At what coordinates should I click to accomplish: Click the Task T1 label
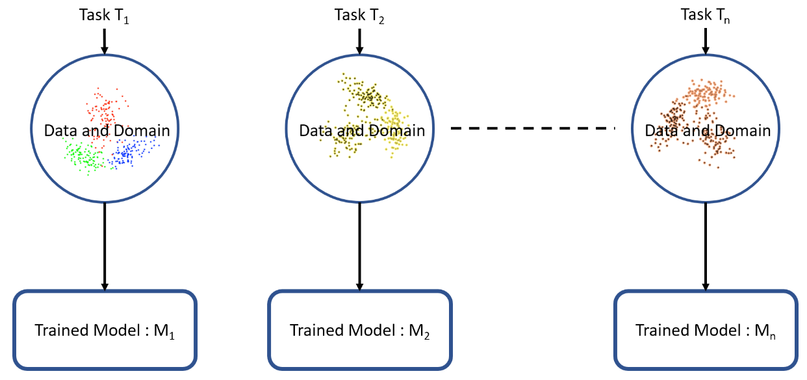[104, 16]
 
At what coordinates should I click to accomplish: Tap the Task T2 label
[359, 16]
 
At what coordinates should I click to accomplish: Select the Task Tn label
[705, 16]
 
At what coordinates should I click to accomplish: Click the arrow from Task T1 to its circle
[105, 42]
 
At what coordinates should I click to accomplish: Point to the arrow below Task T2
[359, 42]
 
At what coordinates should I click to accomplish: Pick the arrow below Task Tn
[706, 42]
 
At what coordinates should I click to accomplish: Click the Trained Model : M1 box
[105, 330]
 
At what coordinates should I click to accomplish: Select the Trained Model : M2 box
[360, 330]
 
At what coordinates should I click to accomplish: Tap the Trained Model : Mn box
[706, 330]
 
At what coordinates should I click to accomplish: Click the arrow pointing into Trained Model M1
[105, 247]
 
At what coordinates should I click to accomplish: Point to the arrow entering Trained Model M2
[359, 247]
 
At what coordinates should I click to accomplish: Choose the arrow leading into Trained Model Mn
[706, 247]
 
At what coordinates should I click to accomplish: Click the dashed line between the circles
[533, 128]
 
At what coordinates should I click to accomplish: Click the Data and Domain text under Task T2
[362, 131]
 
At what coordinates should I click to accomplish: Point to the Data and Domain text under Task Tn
[708, 131]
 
